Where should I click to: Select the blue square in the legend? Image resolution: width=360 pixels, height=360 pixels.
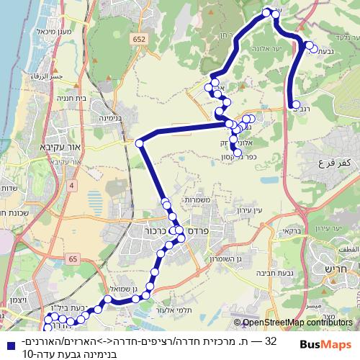[9, 341]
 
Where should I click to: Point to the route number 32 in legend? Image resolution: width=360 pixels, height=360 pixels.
[271, 341]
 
